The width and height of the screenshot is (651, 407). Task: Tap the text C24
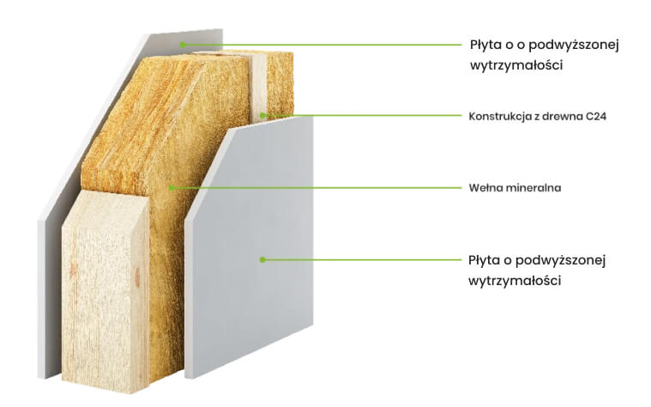(596, 116)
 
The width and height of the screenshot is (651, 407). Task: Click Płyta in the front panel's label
(485, 261)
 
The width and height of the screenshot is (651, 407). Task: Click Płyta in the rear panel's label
(486, 46)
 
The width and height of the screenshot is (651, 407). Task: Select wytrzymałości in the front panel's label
(515, 281)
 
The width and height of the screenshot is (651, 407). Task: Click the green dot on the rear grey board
(183, 45)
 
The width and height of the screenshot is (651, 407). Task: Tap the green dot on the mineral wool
(172, 188)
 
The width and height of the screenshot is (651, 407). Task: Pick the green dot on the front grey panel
(262, 260)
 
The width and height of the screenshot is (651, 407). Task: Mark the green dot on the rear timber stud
(262, 115)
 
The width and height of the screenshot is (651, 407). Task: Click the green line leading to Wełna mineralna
(316, 188)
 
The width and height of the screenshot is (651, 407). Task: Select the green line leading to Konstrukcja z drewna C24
(362, 115)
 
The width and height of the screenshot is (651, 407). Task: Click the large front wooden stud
(105, 291)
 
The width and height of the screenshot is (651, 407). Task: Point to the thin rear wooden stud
(258, 88)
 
